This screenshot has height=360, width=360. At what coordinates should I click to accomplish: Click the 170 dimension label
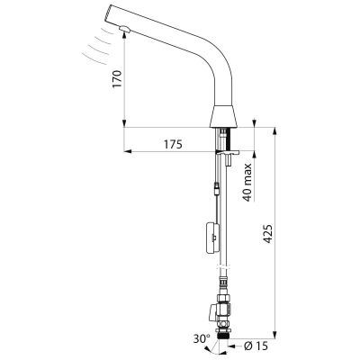point(117,79)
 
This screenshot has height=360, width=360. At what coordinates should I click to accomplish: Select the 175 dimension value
point(173,145)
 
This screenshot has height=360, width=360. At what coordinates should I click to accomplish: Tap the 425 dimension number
point(268,234)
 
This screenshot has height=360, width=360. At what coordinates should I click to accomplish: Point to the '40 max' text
point(247,183)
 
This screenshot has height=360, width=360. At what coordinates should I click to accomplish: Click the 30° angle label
point(202,339)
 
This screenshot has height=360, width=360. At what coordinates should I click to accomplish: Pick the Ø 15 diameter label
point(256,346)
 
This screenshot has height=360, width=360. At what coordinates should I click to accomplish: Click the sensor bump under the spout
point(124,29)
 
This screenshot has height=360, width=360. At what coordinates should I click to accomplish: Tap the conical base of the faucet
point(223,116)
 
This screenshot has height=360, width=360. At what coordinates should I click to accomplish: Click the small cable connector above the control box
point(217,189)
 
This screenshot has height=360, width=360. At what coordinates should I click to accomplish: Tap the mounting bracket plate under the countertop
point(227,152)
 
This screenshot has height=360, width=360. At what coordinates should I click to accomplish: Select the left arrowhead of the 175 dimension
point(128,151)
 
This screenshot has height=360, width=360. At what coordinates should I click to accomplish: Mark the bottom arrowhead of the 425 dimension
point(274,335)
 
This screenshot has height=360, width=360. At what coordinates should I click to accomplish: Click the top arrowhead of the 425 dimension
point(274,131)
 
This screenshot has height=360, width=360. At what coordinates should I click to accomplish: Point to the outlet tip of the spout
point(105,13)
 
